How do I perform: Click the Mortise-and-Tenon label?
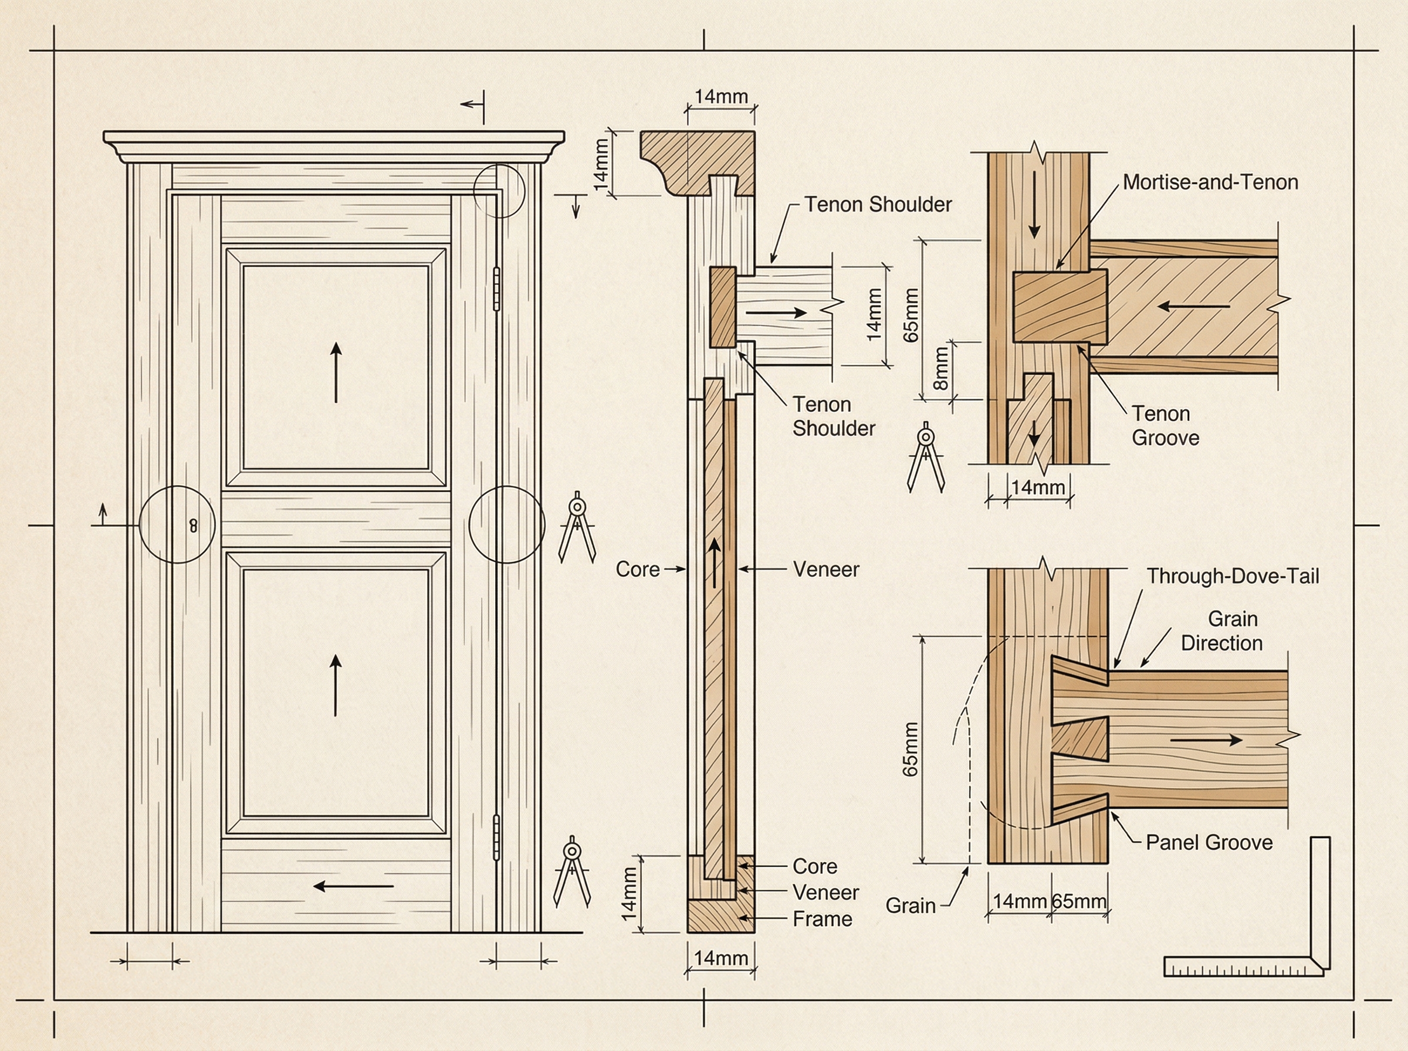(x=1210, y=182)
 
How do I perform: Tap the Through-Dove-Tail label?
(x=1233, y=577)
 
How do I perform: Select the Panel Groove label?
(x=1209, y=842)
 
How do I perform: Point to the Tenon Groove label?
(x=1165, y=426)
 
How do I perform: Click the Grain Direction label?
(x=1221, y=630)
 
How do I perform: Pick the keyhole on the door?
(x=194, y=525)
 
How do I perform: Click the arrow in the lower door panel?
(x=336, y=685)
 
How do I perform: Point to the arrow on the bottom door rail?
(x=354, y=886)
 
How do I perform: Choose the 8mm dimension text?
(x=941, y=368)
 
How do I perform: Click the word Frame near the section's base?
(x=822, y=918)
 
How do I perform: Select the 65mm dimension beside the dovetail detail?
(x=911, y=749)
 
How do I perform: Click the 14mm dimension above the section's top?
(x=721, y=97)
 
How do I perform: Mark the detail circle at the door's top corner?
(x=499, y=190)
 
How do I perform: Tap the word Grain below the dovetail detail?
(x=910, y=906)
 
